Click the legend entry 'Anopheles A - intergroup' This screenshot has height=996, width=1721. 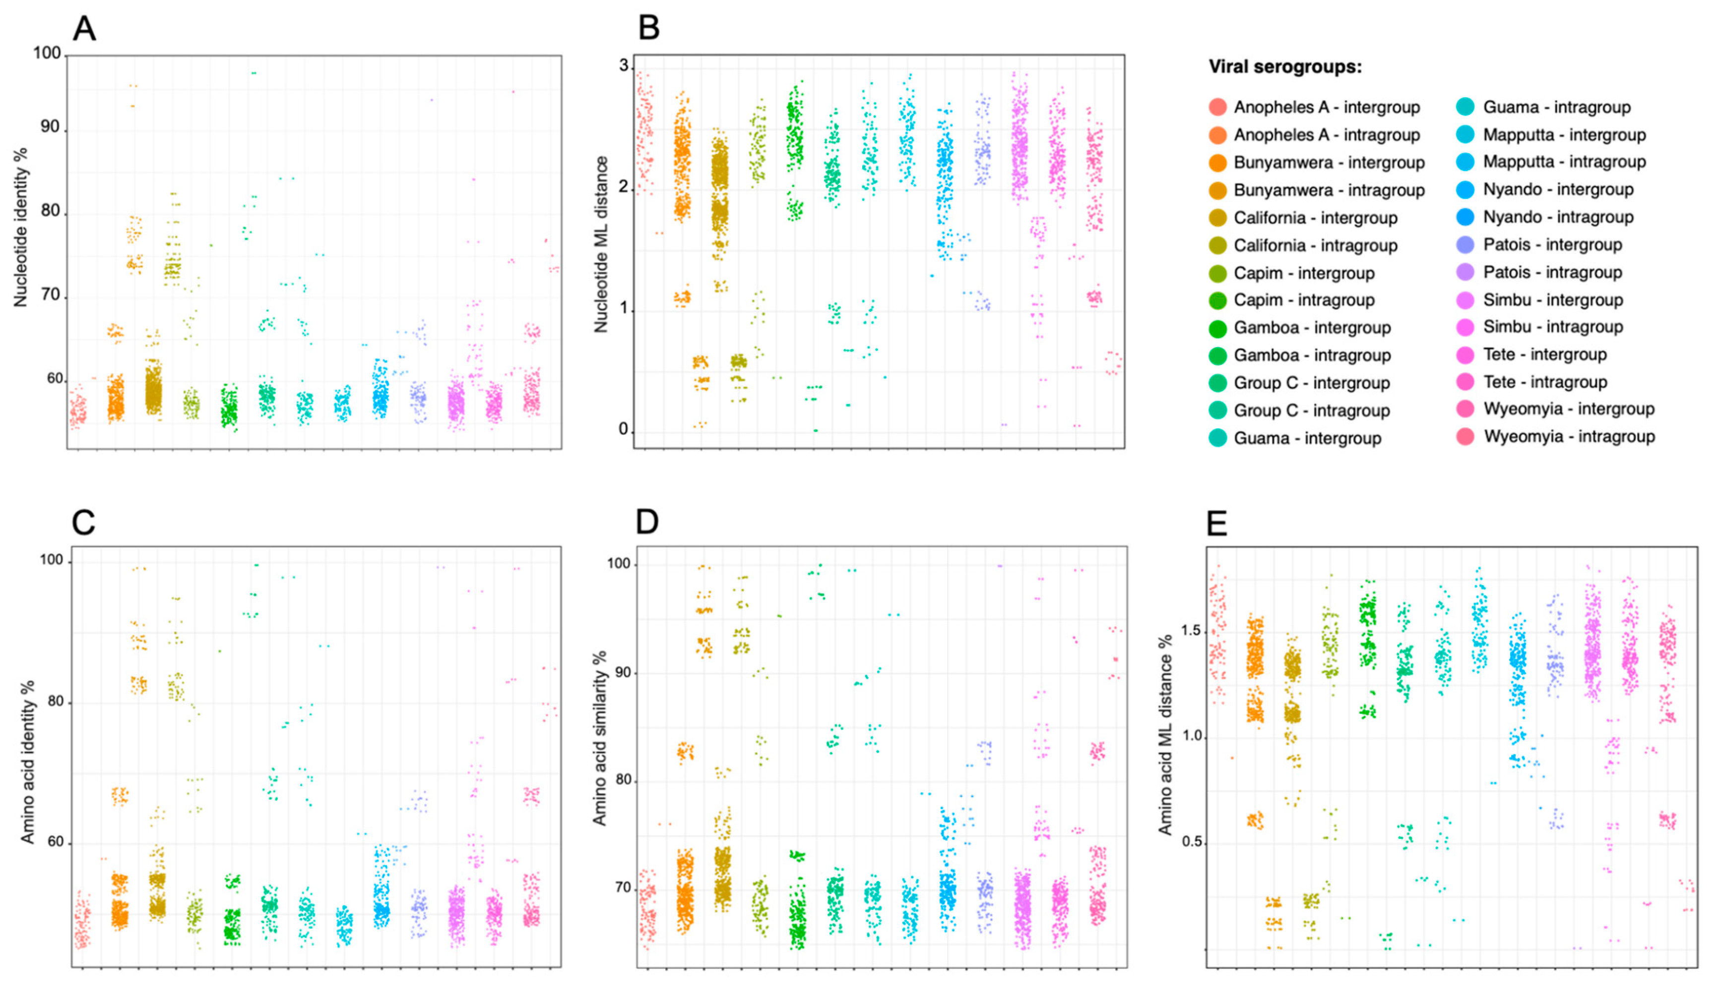pos(1326,107)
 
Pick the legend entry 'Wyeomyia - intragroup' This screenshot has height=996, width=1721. pos(1569,436)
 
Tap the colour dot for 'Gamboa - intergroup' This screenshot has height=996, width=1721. pos(1217,328)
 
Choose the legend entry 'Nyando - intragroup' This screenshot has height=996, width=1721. pos(1558,217)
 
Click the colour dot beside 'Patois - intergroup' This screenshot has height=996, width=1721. pos(1466,244)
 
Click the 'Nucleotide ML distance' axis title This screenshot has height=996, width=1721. pos(601,244)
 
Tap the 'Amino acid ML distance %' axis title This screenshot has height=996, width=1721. pos(1165,735)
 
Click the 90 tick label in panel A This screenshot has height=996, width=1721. pos(49,127)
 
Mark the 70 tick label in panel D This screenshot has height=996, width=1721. pos(622,887)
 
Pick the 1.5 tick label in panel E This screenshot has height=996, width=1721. pos(1190,630)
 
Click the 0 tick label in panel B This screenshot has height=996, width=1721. pos(623,429)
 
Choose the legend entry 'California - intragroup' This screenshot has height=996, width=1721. pos(1315,245)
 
